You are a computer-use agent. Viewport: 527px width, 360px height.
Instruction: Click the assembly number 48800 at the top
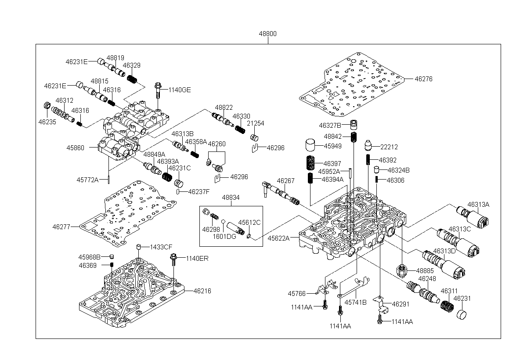click(x=268, y=34)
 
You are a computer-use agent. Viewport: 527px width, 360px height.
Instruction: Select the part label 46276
click(x=423, y=79)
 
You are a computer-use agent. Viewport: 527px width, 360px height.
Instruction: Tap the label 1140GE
click(x=180, y=90)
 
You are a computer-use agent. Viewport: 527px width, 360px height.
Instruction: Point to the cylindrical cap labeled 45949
click(x=310, y=145)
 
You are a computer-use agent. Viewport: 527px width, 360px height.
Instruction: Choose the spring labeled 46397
click(x=310, y=163)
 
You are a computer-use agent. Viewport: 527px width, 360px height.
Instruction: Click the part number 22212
click(x=389, y=147)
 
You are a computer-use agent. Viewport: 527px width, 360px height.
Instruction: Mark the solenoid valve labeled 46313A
click(x=473, y=217)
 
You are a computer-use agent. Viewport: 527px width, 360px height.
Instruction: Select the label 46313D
click(x=444, y=251)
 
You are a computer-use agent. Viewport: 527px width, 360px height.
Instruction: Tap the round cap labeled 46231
click(x=462, y=315)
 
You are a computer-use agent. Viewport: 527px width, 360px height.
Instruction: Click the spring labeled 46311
click(x=447, y=306)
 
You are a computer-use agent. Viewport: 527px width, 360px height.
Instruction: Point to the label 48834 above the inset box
click(x=231, y=198)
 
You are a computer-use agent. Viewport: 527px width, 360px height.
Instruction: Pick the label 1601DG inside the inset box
click(x=224, y=237)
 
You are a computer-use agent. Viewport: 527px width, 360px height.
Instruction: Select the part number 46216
click(x=202, y=291)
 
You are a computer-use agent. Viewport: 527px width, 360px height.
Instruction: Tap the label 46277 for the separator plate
click(x=61, y=227)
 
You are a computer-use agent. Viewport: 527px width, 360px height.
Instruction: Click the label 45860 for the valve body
click(x=75, y=148)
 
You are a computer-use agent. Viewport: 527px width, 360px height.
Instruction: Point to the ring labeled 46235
click(x=47, y=105)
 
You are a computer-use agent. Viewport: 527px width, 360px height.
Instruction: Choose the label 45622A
click(x=278, y=238)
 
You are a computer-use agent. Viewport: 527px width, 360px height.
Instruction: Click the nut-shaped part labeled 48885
click(x=401, y=270)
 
